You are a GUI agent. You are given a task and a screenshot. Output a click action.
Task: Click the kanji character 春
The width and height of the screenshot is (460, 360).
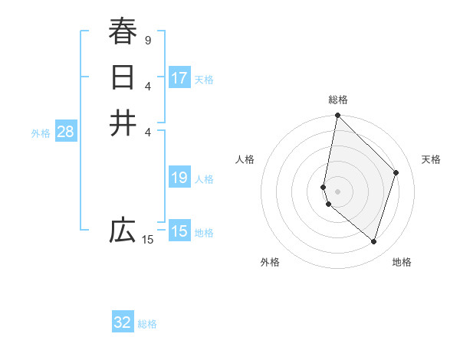click(123, 32)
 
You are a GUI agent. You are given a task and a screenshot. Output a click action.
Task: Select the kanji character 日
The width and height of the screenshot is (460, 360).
click(123, 78)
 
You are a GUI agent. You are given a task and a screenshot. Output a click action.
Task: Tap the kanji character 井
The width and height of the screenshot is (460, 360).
click(123, 123)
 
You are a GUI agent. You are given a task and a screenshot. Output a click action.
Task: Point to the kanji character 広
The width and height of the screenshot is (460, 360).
click(123, 231)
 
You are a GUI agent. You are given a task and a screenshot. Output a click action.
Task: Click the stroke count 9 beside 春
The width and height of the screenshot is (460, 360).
click(147, 40)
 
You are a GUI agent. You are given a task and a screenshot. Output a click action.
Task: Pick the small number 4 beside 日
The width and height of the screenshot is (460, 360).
click(147, 85)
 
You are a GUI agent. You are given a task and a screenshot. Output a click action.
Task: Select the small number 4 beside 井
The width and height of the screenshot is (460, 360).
click(147, 131)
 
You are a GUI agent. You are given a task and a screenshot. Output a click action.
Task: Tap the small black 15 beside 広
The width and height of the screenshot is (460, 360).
click(147, 240)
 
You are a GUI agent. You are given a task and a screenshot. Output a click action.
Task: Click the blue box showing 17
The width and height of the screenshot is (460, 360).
click(179, 78)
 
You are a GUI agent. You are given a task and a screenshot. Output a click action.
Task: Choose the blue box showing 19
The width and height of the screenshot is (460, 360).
click(179, 178)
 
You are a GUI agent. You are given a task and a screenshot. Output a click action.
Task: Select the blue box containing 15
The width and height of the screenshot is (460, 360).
click(179, 231)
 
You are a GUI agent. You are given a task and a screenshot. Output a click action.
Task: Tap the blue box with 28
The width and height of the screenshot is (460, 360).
click(65, 132)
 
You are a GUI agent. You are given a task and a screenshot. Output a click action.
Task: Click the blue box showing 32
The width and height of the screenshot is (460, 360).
click(123, 322)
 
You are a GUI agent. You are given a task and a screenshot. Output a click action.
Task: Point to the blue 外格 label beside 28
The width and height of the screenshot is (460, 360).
click(41, 133)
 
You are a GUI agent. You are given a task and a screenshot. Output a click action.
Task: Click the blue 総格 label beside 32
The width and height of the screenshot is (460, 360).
click(148, 323)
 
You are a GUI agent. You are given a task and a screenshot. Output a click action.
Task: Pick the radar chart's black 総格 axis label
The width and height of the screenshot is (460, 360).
click(338, 100)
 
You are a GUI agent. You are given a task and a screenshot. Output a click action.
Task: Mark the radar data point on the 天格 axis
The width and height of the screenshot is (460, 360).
click(396, 172)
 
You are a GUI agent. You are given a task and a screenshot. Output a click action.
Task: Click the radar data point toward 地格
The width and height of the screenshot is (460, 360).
click(373, 241)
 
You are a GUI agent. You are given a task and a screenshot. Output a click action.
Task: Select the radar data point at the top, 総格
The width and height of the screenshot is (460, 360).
click(337, 116)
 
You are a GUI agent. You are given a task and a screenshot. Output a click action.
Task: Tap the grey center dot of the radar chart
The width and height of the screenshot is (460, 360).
click(337, 191)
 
